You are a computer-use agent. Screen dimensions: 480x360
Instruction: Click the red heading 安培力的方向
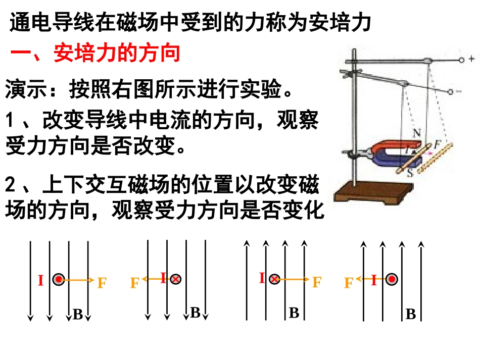pyautogui.click(x=117, y=53)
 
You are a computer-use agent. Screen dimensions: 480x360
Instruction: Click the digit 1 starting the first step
pyautogui.click(x=10, y=119)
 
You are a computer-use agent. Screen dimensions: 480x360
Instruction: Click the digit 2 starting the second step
pyautogui.click(x=10, y=185)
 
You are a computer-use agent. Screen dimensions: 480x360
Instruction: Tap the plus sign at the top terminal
pyautogui.click(x=471, y=58)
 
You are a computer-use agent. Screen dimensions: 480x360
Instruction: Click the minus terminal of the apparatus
pyautogui.click(x=450, y=91)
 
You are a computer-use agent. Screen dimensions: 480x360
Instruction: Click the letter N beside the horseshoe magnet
pyautogui.click(x=417, y=133)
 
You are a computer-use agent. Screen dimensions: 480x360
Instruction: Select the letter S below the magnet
pyautogui.click(x=410, y=173)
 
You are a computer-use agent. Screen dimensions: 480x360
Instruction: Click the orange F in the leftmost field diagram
pyautogui.click(x=102, y=283)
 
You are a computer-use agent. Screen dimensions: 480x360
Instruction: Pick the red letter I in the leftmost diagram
pyautogui.click(x=40, y=280)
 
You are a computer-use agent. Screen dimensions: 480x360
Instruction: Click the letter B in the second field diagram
pyautogui.click(x=196, y=313)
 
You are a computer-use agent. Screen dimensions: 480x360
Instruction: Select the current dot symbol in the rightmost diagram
pyautogui.click(x=392, y=279)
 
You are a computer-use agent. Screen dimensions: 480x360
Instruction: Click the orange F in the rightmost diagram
pyautogui.click(x=349, y=283)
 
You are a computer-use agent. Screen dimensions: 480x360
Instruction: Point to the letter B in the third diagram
pyautogui.click(x=294, y=313)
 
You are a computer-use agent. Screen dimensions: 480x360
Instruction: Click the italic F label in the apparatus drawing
pyautogui.click(x=437, y=144)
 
